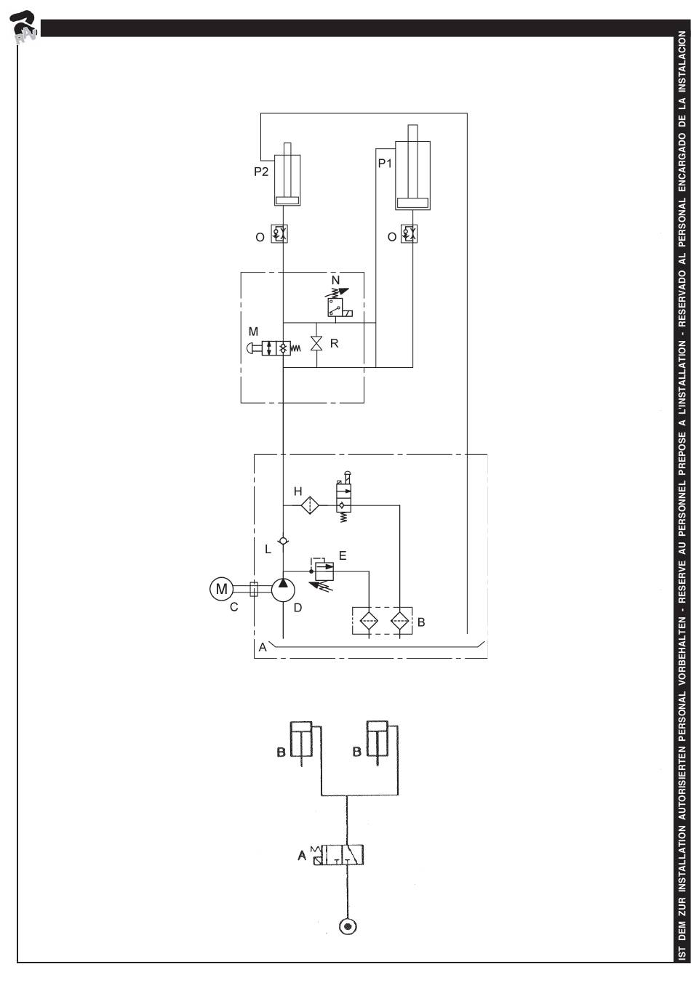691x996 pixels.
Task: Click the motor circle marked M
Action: [221, 589]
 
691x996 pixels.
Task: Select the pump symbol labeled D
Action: [283, 590]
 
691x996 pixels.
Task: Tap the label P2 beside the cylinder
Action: [261, 172]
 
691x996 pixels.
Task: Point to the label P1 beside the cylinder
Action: [385, 164]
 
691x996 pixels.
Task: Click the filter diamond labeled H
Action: [310, 505]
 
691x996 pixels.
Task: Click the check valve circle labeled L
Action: [283, 541]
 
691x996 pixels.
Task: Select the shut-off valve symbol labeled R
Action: [316, 344]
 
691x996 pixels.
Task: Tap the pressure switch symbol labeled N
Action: [338, 302]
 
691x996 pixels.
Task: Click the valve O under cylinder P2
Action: [279, 233]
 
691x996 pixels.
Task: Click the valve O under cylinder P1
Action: [409, 233]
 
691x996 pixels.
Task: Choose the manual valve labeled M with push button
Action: [273, 348]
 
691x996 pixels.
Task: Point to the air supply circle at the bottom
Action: [348, 927]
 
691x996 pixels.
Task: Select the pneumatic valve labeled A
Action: [339, 855]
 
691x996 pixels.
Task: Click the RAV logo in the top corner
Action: [24, 27]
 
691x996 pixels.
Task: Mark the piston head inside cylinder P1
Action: [412, 203]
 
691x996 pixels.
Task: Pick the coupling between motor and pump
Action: [254, 589]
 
